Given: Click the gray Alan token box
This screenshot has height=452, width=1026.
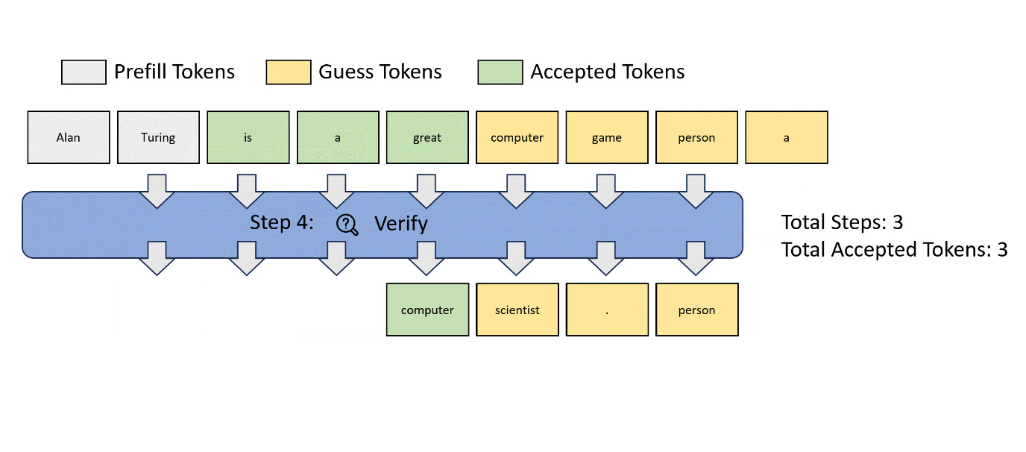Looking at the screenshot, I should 69,137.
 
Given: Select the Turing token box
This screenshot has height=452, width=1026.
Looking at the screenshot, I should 158,137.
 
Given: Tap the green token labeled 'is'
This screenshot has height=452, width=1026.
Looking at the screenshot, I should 248,137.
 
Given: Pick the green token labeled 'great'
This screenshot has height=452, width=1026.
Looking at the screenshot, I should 427,137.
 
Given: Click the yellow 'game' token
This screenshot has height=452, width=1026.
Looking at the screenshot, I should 607,137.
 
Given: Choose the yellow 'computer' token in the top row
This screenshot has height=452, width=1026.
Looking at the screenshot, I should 517,137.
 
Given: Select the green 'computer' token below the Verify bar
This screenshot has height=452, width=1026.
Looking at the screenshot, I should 427,310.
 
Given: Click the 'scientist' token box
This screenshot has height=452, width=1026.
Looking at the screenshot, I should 517,310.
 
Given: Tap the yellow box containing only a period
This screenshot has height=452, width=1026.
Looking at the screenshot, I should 607,310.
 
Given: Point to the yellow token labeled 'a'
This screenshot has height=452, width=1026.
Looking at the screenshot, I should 786,137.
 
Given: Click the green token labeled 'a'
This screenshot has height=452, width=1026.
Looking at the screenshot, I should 337,137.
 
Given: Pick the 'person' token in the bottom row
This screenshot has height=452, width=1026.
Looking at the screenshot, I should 696,310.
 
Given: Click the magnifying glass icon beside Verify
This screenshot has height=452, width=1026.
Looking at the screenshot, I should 347,224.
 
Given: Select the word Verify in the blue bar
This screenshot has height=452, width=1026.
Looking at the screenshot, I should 400,224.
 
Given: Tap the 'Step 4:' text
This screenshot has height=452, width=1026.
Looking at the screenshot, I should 282,223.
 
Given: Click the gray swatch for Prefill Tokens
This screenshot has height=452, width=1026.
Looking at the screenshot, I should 84,72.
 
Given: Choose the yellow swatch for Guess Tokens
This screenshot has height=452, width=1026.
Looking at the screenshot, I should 289,72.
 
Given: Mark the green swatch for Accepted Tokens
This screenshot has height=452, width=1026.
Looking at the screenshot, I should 500,72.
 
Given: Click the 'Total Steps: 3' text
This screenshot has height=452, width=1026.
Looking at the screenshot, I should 842,222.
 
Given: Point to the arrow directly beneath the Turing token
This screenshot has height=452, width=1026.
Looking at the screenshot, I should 158,190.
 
